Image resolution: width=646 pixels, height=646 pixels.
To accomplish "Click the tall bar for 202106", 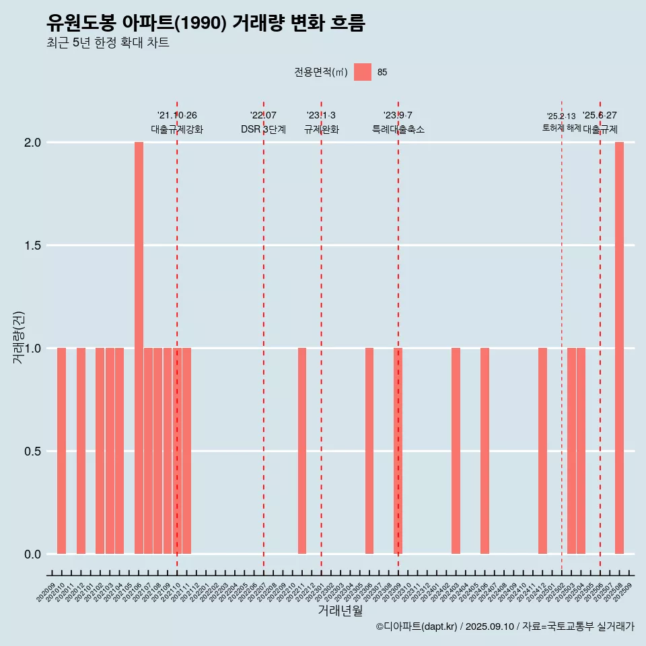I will point(139,347).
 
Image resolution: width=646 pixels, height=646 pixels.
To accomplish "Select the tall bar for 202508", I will point(619,347).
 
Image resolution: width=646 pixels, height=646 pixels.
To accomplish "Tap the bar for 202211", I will point(302,451).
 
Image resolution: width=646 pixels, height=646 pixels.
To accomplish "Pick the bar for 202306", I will point(369,451).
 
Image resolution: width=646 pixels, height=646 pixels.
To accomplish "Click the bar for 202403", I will point(456,451).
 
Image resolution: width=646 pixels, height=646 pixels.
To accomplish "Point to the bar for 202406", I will point(485,451).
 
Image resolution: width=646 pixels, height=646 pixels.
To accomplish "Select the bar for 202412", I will point(542,451).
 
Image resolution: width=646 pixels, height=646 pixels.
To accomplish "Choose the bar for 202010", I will point(61,451).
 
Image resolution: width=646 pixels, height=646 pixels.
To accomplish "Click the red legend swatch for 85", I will point(363,72).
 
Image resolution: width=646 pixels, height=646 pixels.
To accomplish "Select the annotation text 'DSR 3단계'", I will point(264,129).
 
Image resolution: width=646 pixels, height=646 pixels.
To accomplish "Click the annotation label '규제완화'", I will point(321,129).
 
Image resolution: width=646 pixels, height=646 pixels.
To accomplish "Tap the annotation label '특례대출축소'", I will point(398,129).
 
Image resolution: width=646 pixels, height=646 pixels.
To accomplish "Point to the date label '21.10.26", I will point(177,115).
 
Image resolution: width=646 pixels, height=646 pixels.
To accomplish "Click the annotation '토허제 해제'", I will point(561,128).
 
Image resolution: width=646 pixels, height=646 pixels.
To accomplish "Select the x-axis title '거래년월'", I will point(340,610).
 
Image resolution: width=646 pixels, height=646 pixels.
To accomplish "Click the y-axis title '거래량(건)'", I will point(19,337).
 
